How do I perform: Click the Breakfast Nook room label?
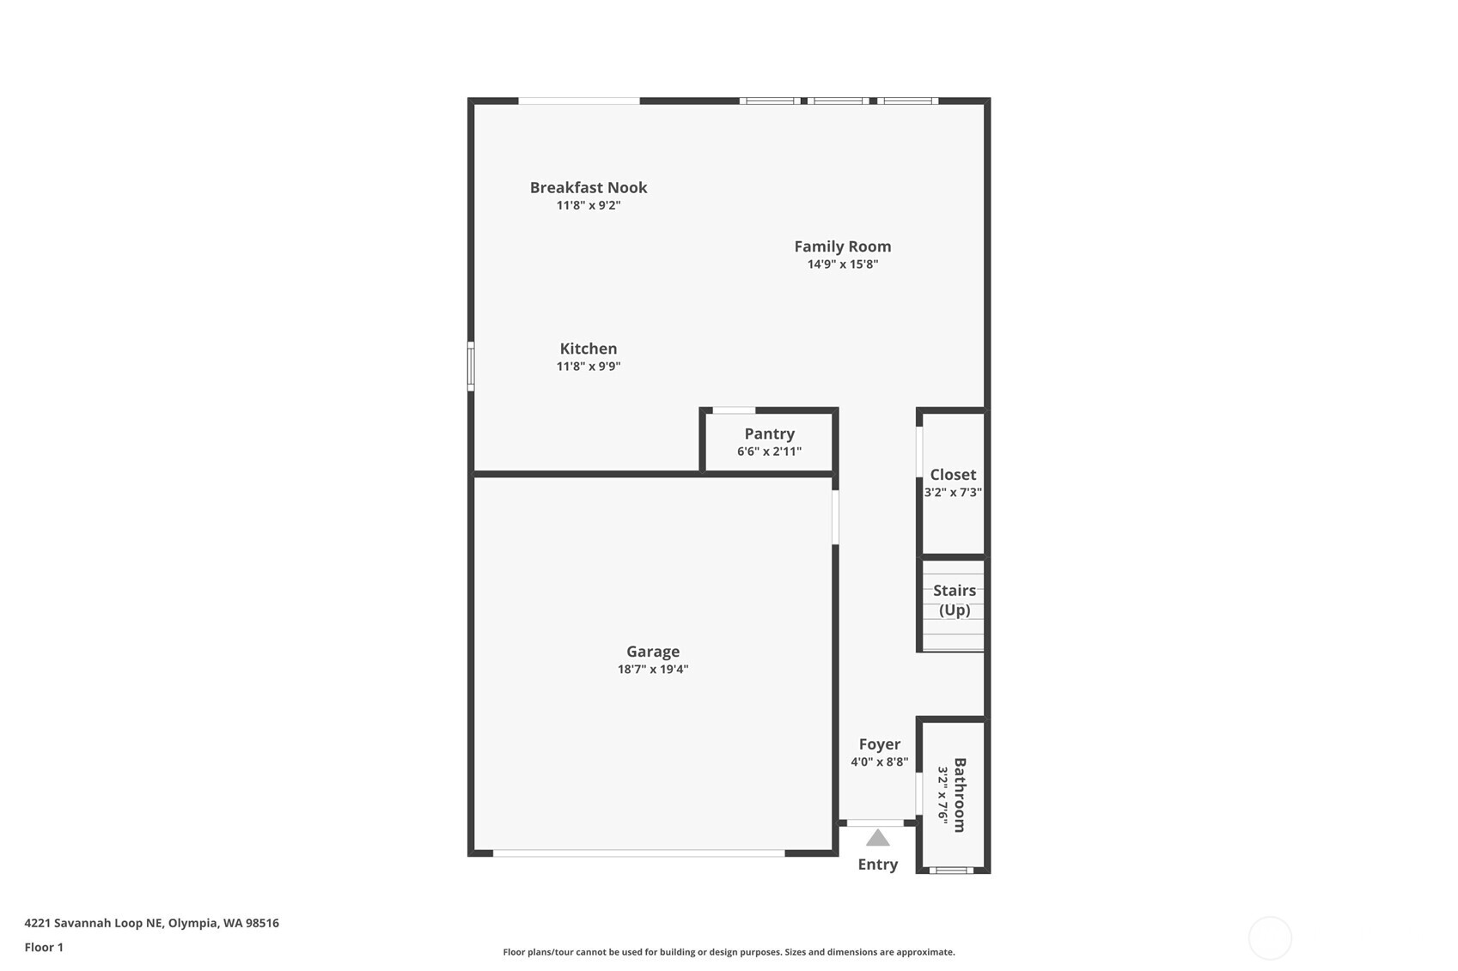click(589, 187)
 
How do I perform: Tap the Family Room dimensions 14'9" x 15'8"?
click(842, 264)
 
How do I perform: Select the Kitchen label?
click(589, 349)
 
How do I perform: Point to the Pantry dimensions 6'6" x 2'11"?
click(769, 452)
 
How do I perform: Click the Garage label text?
click(653, 652)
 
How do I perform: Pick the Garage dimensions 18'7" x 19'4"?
click(653, 670)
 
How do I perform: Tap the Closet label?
click(953, 475)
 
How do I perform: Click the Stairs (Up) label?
click(954, 600)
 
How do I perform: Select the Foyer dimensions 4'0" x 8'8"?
click(879, 762)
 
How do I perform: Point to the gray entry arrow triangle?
click(877, 839)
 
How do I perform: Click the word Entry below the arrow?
click(877, 865)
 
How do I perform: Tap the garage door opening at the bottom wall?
click(638, 853)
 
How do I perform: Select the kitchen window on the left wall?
click(471, 366)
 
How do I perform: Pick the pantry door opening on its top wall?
click(734, 410)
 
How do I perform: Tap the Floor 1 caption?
click(44, 947)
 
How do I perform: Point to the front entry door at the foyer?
click(875, 822)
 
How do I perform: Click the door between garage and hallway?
click(835, 517)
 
